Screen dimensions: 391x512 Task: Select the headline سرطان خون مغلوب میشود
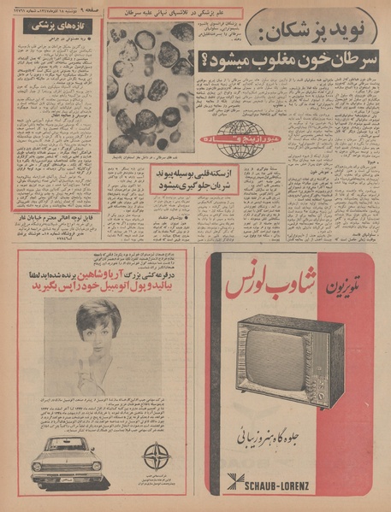[x=289, y=60]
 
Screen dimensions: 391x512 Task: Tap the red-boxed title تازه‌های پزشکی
[x=58, y=27]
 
